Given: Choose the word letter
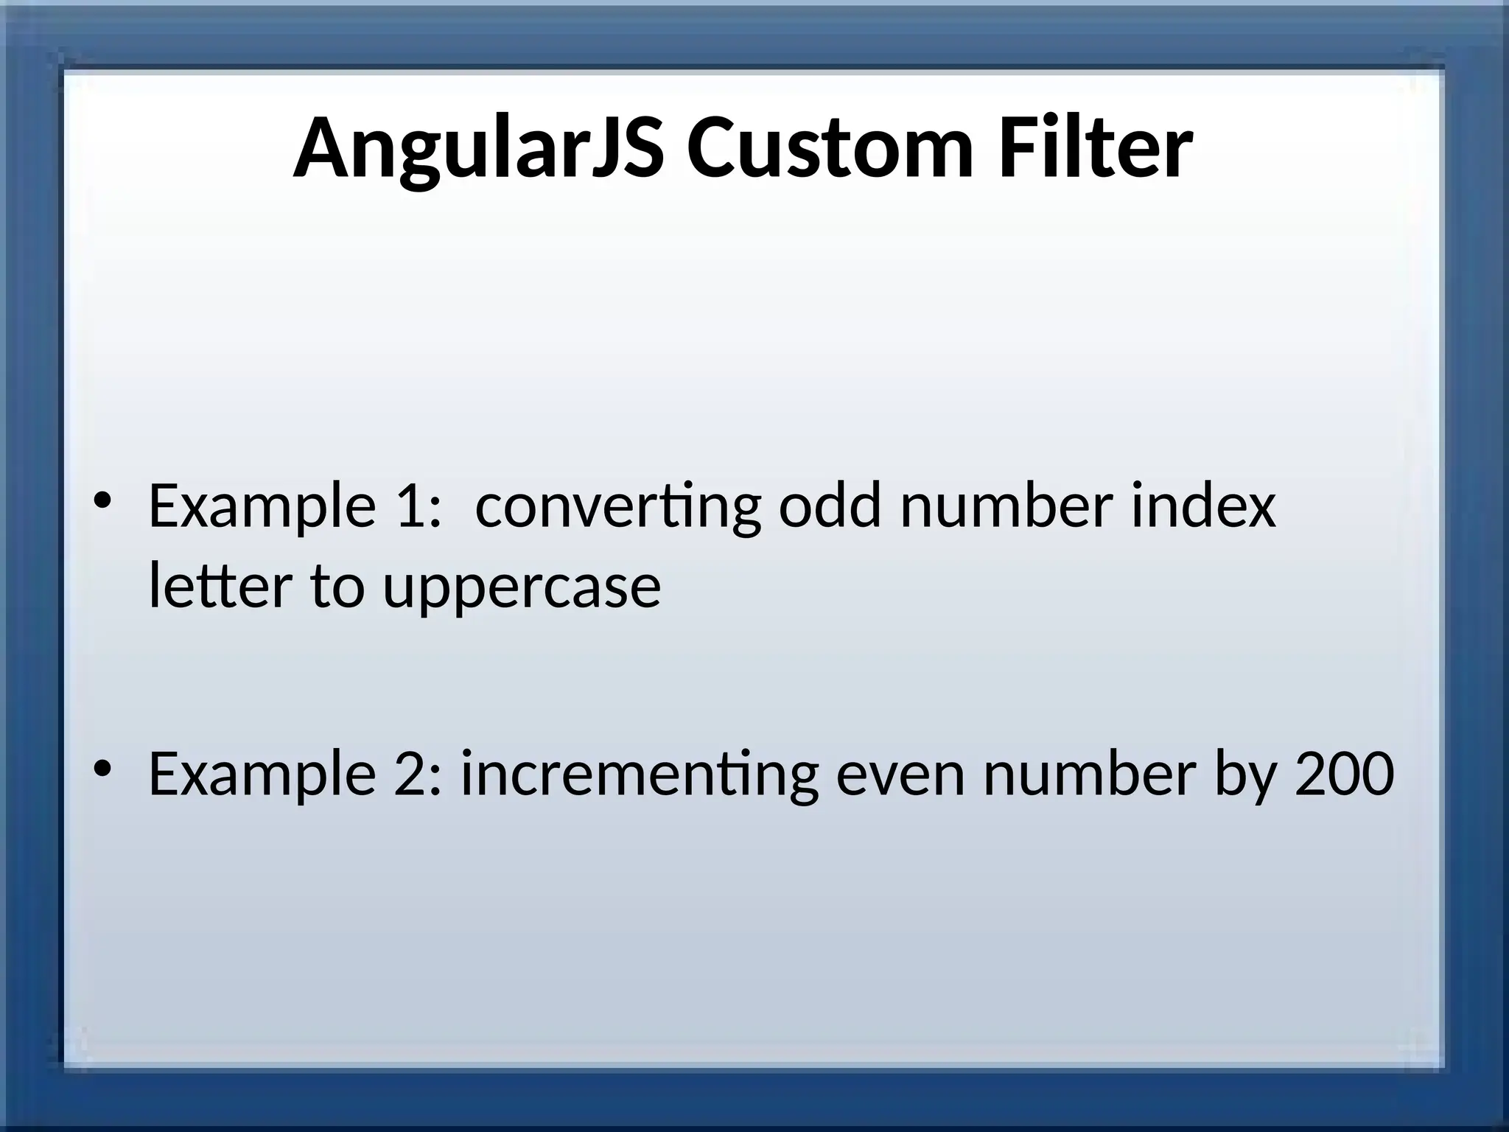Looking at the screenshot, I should click(x=220, y=586).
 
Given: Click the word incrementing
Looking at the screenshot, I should click(x=640, y=775).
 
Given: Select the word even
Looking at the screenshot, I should click(x=900, y=775).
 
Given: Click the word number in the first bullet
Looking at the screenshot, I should click(x=1006, y=506).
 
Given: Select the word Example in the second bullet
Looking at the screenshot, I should click(x=262, y=775).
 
